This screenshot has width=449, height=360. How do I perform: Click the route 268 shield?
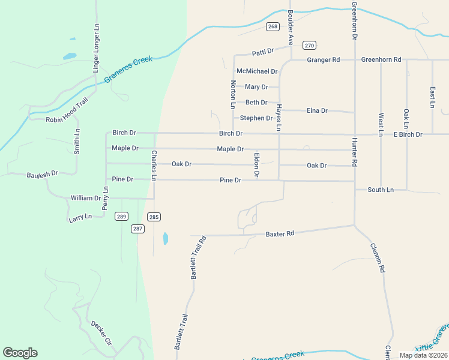pos(273,26)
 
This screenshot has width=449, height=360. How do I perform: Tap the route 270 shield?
pos(309,45)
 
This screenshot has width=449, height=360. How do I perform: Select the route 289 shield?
pos(122,217)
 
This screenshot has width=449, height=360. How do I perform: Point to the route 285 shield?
pos(154,217)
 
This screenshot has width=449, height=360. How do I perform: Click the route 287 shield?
pos(138,229)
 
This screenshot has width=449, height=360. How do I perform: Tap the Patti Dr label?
pos(263,51)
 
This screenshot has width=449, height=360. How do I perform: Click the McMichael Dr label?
pos(257,71)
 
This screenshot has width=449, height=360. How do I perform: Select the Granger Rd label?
pos(324,59)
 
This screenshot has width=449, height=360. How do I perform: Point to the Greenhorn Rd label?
pos(381,59)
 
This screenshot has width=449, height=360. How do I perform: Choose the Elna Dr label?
pos(317,110)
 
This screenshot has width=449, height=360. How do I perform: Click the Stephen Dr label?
pos(256,118)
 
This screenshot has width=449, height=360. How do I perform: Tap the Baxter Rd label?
pos(280,233)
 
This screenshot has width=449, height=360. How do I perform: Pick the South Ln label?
pos(381,190)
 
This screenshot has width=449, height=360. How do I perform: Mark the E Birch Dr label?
pos(408,134)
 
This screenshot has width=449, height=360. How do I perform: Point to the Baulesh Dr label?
pos(42,175)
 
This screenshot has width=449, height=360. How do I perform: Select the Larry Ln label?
pos(80,217)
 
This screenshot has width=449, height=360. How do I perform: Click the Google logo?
pos(20,353)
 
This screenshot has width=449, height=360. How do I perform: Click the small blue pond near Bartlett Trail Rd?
pos(165,238)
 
